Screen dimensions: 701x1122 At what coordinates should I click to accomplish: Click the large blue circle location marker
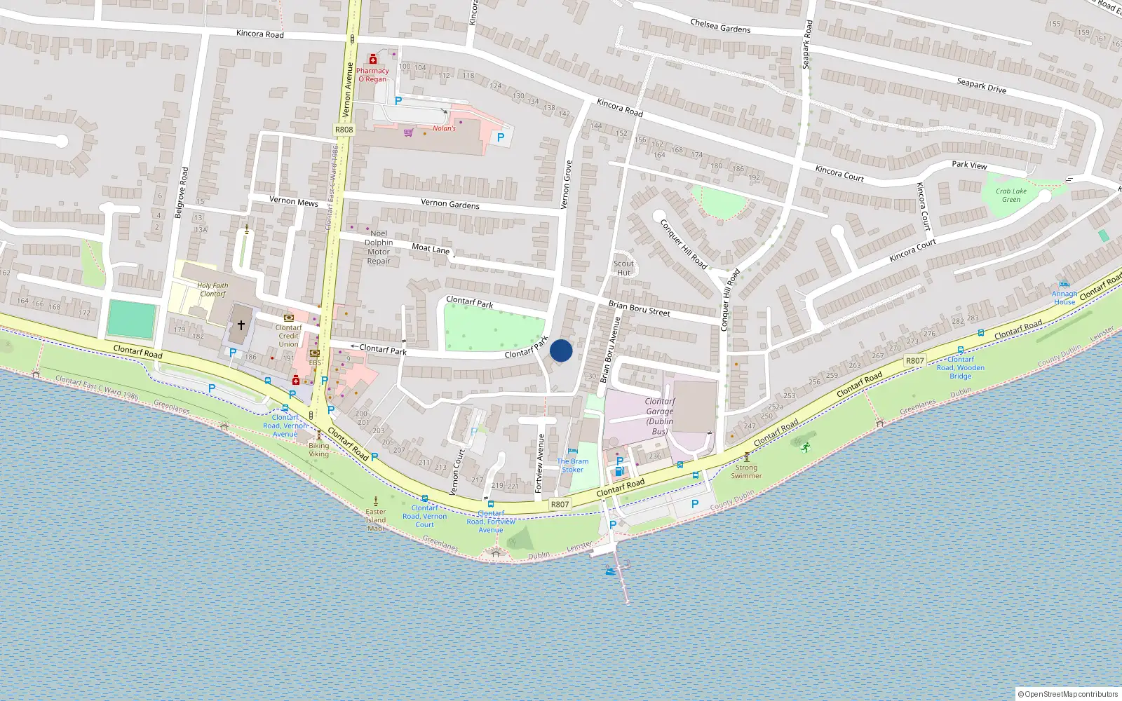click(x=561, y=350)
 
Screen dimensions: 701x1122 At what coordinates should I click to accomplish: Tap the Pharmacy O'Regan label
click(x=372, y=75)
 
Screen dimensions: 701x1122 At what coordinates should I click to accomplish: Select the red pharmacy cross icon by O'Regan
click(x=373, y=60)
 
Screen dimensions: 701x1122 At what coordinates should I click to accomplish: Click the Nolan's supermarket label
click(x=444, y=128)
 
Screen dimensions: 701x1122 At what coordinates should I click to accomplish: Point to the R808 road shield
click(x=344, y=130)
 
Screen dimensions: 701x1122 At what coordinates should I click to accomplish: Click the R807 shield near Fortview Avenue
click(x=560, y=504)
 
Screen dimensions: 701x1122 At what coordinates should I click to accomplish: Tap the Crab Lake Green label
click(x=1011, y=195)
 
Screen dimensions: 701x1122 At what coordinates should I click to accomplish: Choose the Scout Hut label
click(x=623, y=268)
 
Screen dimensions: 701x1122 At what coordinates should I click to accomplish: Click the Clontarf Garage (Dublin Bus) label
click(x=659, y=416)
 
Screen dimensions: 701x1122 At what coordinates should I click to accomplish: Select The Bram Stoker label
click(x=573, y=465)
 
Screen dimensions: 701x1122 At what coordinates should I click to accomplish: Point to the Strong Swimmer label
click(x=746, y=471)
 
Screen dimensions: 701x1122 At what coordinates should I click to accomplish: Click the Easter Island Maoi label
click(x=376, y=519)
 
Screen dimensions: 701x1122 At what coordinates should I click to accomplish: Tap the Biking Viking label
click(x=318, y=449)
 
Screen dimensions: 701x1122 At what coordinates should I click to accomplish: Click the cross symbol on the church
click(x=241, y=325)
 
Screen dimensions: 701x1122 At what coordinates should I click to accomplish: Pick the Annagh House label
click(x=1064, y=298)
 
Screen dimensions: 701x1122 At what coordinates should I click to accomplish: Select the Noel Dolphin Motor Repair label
click(x=379, y=247)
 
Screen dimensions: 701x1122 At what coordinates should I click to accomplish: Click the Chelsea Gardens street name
click(x=720, y=26)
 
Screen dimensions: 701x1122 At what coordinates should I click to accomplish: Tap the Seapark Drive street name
click(x=981, y=86)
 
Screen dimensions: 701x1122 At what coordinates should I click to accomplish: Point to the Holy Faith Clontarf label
click(x=212, y=290)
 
